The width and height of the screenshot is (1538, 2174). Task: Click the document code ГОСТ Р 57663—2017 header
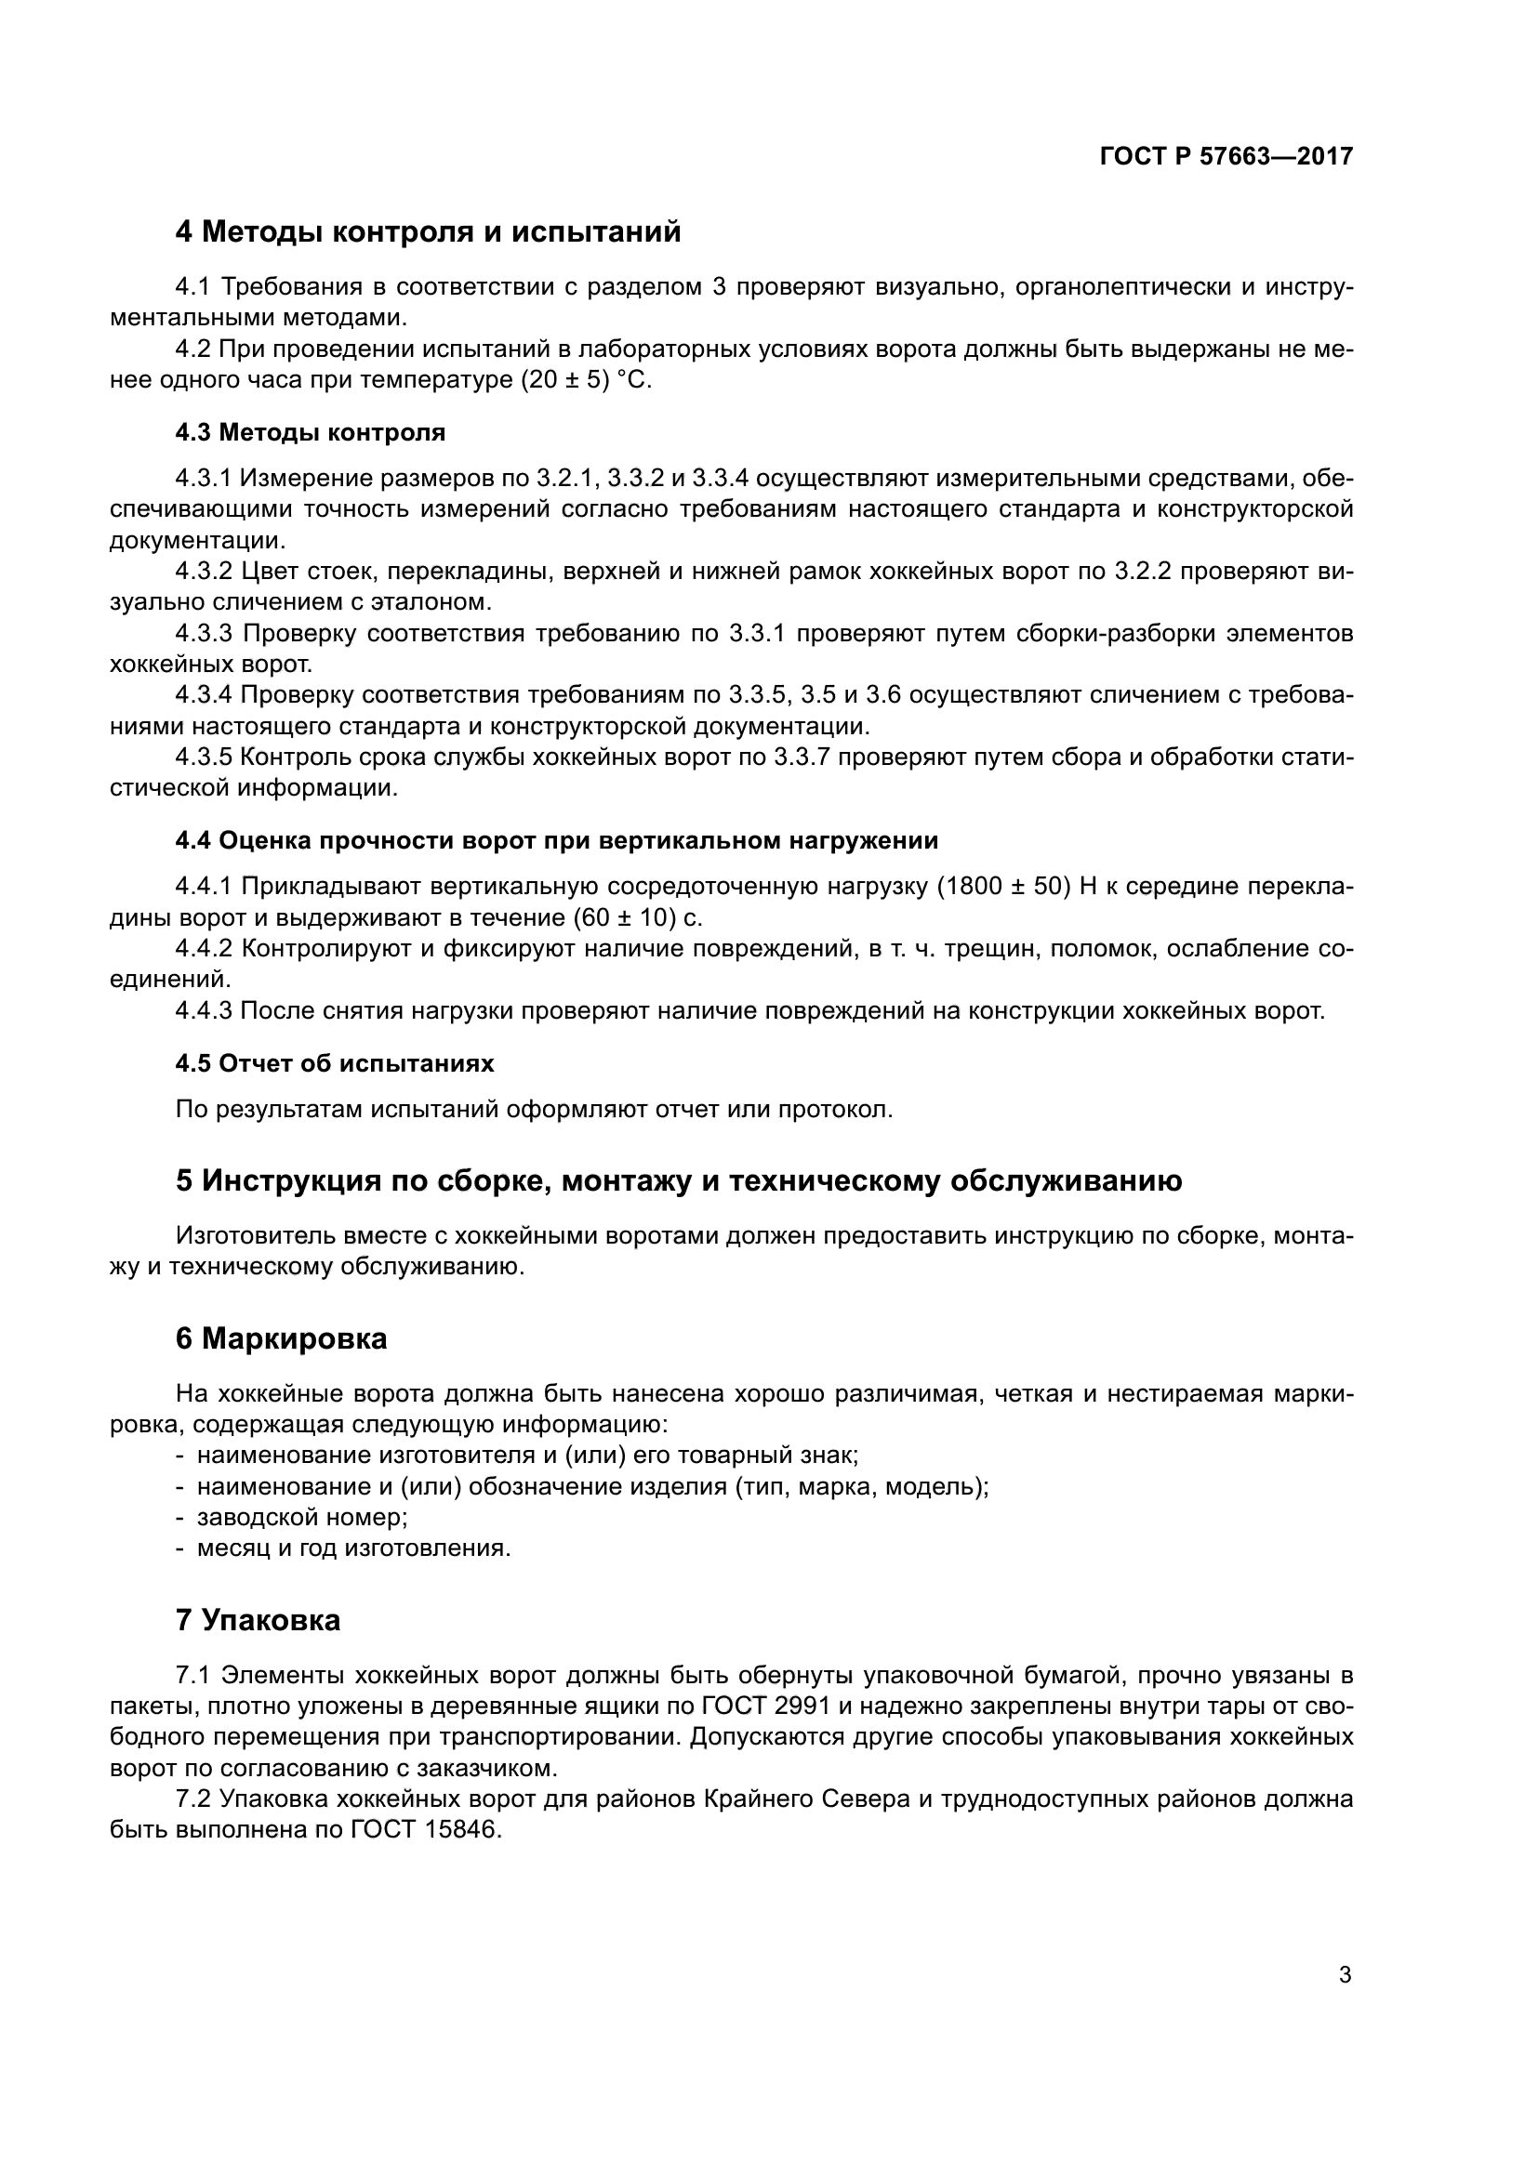click(1226, 156)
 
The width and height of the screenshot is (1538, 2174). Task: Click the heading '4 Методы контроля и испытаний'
click(428, 231)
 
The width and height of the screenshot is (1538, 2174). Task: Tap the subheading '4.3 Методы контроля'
click(311, 433)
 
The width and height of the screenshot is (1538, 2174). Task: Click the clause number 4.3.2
click(204, 571)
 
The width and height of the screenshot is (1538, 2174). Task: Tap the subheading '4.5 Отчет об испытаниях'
click(335, 1063)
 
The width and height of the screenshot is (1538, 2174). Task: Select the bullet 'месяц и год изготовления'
click(353, 1548)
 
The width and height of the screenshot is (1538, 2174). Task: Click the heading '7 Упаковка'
click(258, 1620)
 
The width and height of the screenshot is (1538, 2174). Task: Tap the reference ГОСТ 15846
click(425, 1830)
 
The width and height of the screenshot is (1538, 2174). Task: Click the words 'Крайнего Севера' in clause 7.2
click(808, 1799)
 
